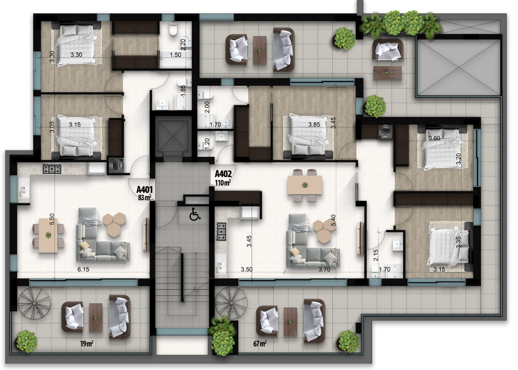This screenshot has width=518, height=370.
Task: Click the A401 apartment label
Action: pos(145,190)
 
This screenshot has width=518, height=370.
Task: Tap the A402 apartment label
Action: pos(223,174)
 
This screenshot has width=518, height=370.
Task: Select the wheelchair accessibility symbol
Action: pos(195,215)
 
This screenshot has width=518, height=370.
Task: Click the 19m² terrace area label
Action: pos(86,344)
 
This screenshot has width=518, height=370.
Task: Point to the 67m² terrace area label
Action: pos(259,344)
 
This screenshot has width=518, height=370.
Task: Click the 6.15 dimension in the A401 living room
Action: pos(83,269)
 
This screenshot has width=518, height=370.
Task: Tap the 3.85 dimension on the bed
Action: pos(314,125)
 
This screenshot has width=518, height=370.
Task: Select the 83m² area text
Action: pos(145,197)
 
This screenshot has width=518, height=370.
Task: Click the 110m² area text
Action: pos(223,182)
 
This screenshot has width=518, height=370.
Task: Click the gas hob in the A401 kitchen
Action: pos(52,169)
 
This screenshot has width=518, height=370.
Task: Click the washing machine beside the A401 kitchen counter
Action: pos(116,165)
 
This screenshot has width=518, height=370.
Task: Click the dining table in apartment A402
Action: pos(305,185)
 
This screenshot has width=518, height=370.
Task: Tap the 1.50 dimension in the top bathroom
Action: pos(175,55)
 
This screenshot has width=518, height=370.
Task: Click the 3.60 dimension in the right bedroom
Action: pos(434,138)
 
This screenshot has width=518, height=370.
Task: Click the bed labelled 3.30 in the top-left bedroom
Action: pos(76,44)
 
